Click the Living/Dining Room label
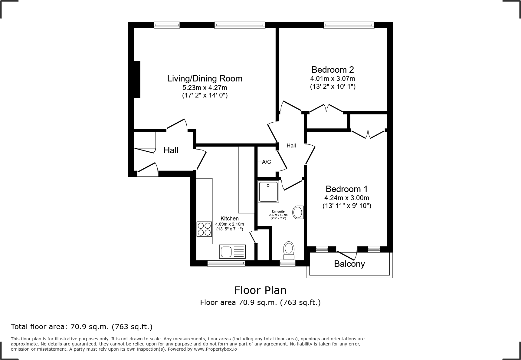coord(205,79)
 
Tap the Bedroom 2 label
coord(333,70)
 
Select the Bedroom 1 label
coord(346,189)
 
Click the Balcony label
coord(349,264)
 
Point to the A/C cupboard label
coord(267,162)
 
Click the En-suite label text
coord(278,211)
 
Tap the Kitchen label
coord(230,219)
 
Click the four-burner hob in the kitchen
coord(204,229)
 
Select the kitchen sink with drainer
coord(232,251)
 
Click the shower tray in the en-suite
coord(268,192)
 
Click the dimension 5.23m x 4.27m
coord(205,88)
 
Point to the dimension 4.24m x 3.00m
coord(347,198)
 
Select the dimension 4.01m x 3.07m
coord(333,79)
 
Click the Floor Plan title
coord(260,290)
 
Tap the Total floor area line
coord(82,327)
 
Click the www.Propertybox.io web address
coord(215,349)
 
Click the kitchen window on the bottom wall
coord(226,263)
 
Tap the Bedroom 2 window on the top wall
coord(349,25)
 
